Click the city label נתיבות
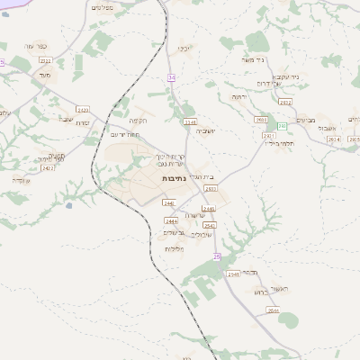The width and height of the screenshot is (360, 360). pos(175,180)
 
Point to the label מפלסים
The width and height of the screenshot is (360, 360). pos(102,7)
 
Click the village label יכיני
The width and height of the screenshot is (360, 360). pos(184,48)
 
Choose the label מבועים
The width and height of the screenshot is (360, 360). pos(306,119)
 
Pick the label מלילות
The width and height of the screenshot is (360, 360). pos(174,247)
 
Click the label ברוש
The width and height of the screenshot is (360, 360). pos(261,292)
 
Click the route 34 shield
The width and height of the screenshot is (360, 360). pos(171,77)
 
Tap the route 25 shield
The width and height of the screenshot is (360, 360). pos(216,256)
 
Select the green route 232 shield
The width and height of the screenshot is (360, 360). pos(282,125)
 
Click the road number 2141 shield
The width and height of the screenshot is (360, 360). pos(190,120)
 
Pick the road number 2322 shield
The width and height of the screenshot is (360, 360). pos(45,60)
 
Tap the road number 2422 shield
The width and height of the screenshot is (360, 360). pos(48,167)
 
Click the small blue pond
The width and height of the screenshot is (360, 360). pos(68,205)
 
